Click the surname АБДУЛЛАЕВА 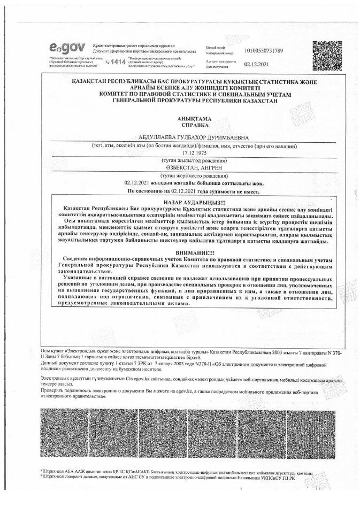pos(149,136)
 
